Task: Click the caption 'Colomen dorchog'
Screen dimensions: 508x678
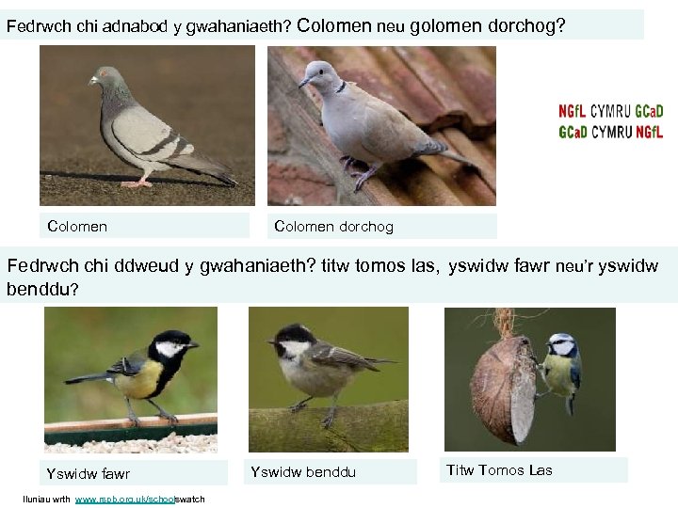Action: coord(333,226)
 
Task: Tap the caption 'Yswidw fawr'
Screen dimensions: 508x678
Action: coord(89,473)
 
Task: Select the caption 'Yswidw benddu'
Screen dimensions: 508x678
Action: coord(303,471)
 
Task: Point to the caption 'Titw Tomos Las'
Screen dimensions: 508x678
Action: coord(499,469)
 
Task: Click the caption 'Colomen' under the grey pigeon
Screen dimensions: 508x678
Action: coord(77,226)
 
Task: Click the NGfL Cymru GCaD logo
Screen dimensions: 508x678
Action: coord(610,120)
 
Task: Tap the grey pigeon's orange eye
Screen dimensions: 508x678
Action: coord(104,73)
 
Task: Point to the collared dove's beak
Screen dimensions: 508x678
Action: coord(303,83)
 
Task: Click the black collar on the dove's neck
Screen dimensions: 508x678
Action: coord(339,87)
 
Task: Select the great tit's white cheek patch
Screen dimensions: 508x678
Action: coord(170,349)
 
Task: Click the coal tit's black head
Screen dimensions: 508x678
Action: coord(296,334)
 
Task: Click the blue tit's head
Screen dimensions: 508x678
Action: coord(562,344)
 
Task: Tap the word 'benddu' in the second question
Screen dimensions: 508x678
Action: coord(38,289)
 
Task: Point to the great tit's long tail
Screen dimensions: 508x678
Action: coord(86,377)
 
